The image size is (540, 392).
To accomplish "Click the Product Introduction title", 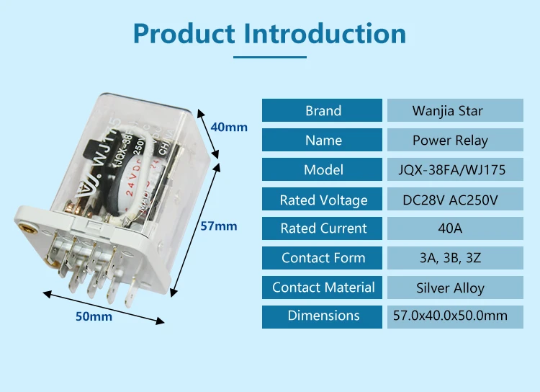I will pyautogui.click(x=270, y=34).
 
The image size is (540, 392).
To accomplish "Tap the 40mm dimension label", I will pyautogui.click(x=228, y=127).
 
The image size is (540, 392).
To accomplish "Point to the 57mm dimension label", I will pyautogui.click(x=218, y=226).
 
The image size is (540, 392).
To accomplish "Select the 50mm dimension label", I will pyautogui.click(x=95, y=316).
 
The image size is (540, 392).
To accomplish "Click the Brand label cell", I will pyautogui.click(x=323, y=111).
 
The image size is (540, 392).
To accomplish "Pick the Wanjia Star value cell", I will pyautogui.click(x=447, y=111).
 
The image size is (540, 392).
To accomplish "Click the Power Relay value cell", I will pyautogui.click(x=450, y=141).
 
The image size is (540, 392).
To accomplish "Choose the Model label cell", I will pyautogui.click(x=323, y=170).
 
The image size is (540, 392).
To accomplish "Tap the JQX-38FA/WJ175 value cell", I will pyautogui.click(x=451, y=170).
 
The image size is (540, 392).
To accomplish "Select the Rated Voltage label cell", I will pyautogui.click(x=323, y=200).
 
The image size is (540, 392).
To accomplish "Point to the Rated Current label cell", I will pyautogui.click(x=323, y=228).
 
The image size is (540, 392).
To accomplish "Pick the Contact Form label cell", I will pyautogui.click(x=323, y=258).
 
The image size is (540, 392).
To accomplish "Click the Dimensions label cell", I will pyautogui.click(x=323, y=316).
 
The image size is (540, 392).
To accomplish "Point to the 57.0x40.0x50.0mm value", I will pyautogui.click(x=450, y=316).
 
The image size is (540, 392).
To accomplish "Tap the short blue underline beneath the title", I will pyautogui.click(x=270, y=57).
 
